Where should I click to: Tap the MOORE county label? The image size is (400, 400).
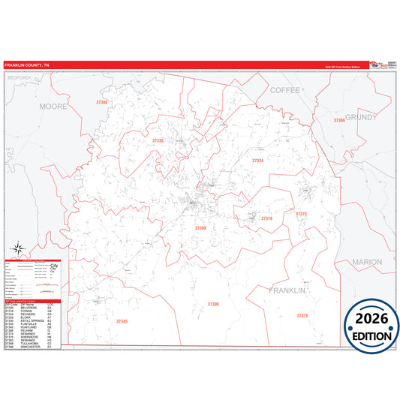click(53, 107)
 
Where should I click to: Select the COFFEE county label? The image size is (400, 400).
click(284, 89)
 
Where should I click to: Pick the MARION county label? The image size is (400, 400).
click(367, 262)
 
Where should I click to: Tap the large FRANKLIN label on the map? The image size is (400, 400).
click(290, 290)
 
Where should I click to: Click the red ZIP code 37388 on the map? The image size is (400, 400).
click(102, 101)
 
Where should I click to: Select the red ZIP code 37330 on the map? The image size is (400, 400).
click(158, 140)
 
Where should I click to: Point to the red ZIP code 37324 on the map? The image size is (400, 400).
click(257, 161)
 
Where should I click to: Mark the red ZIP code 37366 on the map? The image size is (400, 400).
click(338, 119)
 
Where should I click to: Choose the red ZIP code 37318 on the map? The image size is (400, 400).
click(266, 218)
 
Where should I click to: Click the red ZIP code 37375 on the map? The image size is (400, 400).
click(301, 214)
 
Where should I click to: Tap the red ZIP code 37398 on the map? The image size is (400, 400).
click(200, 227)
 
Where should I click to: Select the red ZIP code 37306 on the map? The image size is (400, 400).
click(213, 304)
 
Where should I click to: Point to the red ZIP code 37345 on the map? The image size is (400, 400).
click(122, 321)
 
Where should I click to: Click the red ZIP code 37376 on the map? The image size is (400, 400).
click(302, 316)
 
